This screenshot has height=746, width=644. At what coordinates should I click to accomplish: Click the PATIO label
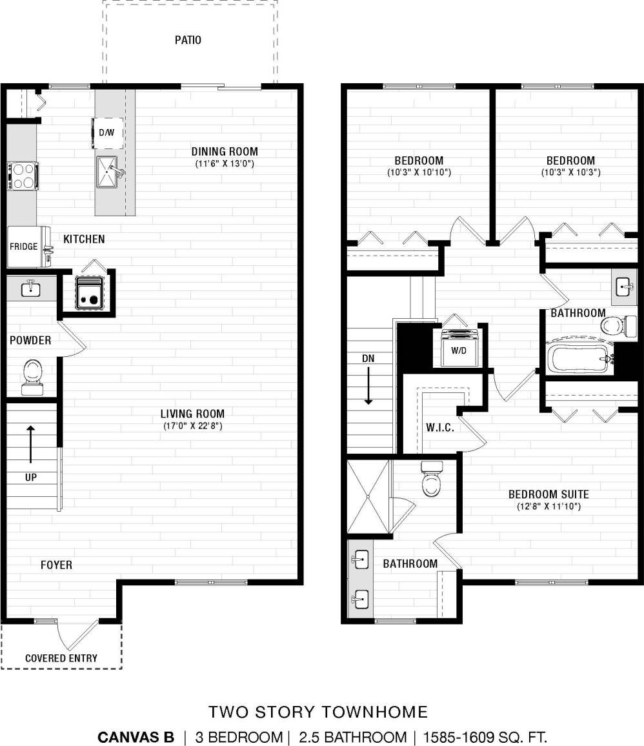tap(188, 40)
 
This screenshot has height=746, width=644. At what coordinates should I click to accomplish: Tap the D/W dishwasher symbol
tap(107, 132)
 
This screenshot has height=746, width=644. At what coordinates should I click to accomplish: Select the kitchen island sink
tap(110, 171)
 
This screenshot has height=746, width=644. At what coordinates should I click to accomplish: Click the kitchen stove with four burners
tap(22, 176)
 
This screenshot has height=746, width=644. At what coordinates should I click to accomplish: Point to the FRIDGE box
tap(24, 247)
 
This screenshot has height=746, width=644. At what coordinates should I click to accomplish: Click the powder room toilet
tap(30, 376)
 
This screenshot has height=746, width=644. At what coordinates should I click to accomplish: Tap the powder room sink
tap(30, 288)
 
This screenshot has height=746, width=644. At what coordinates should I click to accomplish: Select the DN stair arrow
tap(368, 385)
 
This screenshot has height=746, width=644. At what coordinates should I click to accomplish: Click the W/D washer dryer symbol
tap(459, 349)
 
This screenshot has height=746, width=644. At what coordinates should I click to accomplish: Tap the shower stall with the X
tap(368, 497)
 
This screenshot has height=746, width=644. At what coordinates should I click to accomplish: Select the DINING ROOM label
tap(225, 152)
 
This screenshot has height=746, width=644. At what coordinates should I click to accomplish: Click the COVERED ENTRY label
tap(61, 658)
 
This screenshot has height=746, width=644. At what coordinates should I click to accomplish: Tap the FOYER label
tap(56, 565)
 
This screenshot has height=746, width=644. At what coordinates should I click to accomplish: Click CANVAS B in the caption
tap(136, 737)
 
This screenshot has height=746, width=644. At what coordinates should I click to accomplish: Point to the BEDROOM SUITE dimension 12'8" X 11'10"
tap(548, 507)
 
